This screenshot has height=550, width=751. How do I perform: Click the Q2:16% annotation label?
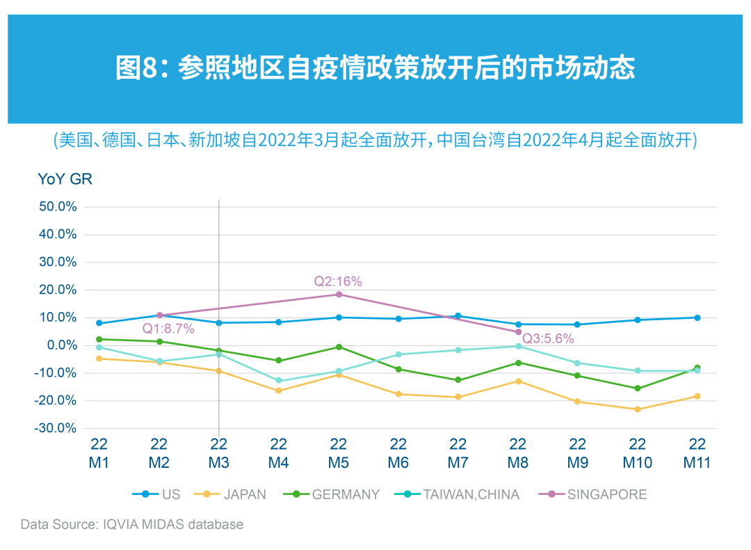(x=338, y=281)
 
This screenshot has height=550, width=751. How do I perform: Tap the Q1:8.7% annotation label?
(x=168, y=329)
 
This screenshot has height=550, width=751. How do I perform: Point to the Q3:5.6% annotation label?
(x=548, y=339)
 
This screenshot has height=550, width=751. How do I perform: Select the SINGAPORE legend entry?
(x=592, y=494)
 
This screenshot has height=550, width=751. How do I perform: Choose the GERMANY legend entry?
(x=332, y=494)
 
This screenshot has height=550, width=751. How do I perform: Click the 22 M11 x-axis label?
(x=697, y=453)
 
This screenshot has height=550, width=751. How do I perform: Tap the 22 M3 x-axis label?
(x=219, y=453)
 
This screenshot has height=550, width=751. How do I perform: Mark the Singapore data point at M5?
(x=339, y=294)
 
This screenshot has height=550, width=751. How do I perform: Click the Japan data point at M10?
(x=638, y=409)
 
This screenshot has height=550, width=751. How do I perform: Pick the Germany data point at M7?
(x=458, y=380)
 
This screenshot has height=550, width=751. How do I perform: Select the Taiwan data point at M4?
(x=279, y=381)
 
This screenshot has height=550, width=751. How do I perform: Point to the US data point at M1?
(x=99, y=323)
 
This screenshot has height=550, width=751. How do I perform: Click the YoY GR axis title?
(x=65, y=179)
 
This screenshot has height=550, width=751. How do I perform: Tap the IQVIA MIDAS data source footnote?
(x=132, y=524)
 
